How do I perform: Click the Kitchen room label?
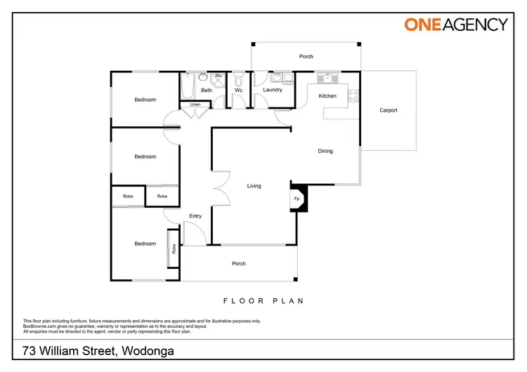click(x=327, y=96)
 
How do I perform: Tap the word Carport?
click(x=389, y=110)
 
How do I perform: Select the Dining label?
click(x=325, y=151)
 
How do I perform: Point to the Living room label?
click(x=254, y=186)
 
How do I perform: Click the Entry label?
click(x=195, y=216)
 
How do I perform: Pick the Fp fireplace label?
click(x=297, y=199)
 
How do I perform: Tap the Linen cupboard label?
click(x=195, y=105)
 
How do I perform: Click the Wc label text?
click(x=238, y=90)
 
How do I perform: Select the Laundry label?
click(x=273, y=90)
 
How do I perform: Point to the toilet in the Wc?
click(x=238, y=77)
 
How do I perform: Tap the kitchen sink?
click(x=327, y=79)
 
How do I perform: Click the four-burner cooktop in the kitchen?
click(x=354, y=95)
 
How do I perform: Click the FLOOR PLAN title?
click(x=263, y=301)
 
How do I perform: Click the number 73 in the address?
click(x=30, y=351)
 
